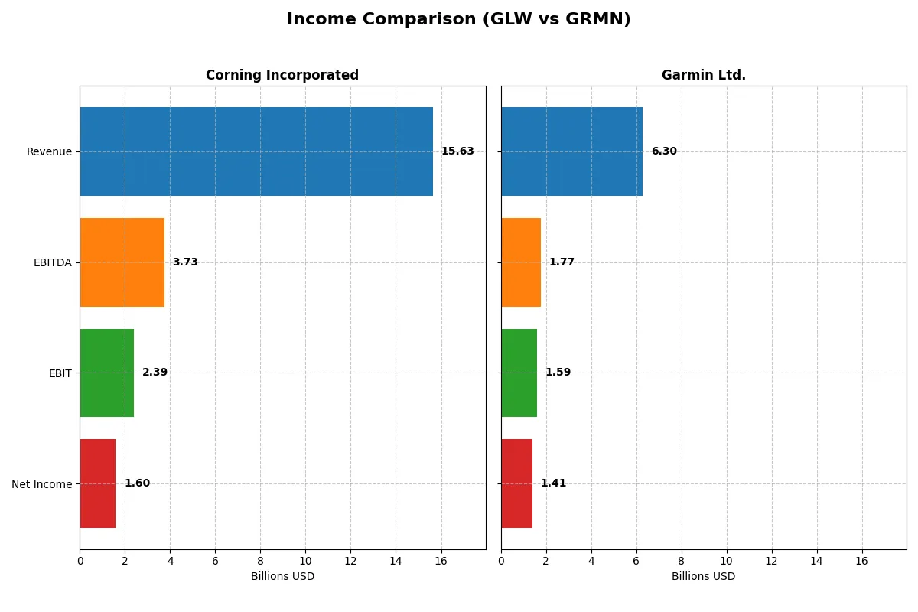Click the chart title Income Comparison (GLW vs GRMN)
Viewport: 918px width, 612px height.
[459, 20]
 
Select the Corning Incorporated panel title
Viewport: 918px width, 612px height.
[282, 75]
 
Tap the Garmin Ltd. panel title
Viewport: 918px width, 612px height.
[703, 75]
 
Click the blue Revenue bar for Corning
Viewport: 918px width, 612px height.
[256, 151]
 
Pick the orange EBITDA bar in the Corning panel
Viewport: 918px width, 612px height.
[122, 262]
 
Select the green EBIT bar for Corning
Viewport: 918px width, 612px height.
[107, 373]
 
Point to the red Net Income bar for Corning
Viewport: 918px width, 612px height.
[98, 483]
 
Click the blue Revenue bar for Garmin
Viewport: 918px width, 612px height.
[571, 151]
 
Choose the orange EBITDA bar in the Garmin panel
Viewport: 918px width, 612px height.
[521, 262]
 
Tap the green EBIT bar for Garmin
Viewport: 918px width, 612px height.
[519, 373]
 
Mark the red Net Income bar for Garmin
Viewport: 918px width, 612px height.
[517, 483]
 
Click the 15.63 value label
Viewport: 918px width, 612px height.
[457, 151]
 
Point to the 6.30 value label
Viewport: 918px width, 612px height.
[664, 151]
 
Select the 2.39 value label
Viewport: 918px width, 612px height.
[155, 373]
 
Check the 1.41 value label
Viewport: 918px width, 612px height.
[553, 483]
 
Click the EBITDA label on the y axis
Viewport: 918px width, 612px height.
[52, 262]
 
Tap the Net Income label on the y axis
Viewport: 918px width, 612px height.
[41, 484]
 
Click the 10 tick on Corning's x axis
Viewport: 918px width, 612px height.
[305, 561]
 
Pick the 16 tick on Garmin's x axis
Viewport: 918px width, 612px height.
[861, 561]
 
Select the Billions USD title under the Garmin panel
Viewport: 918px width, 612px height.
[703, 577]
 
